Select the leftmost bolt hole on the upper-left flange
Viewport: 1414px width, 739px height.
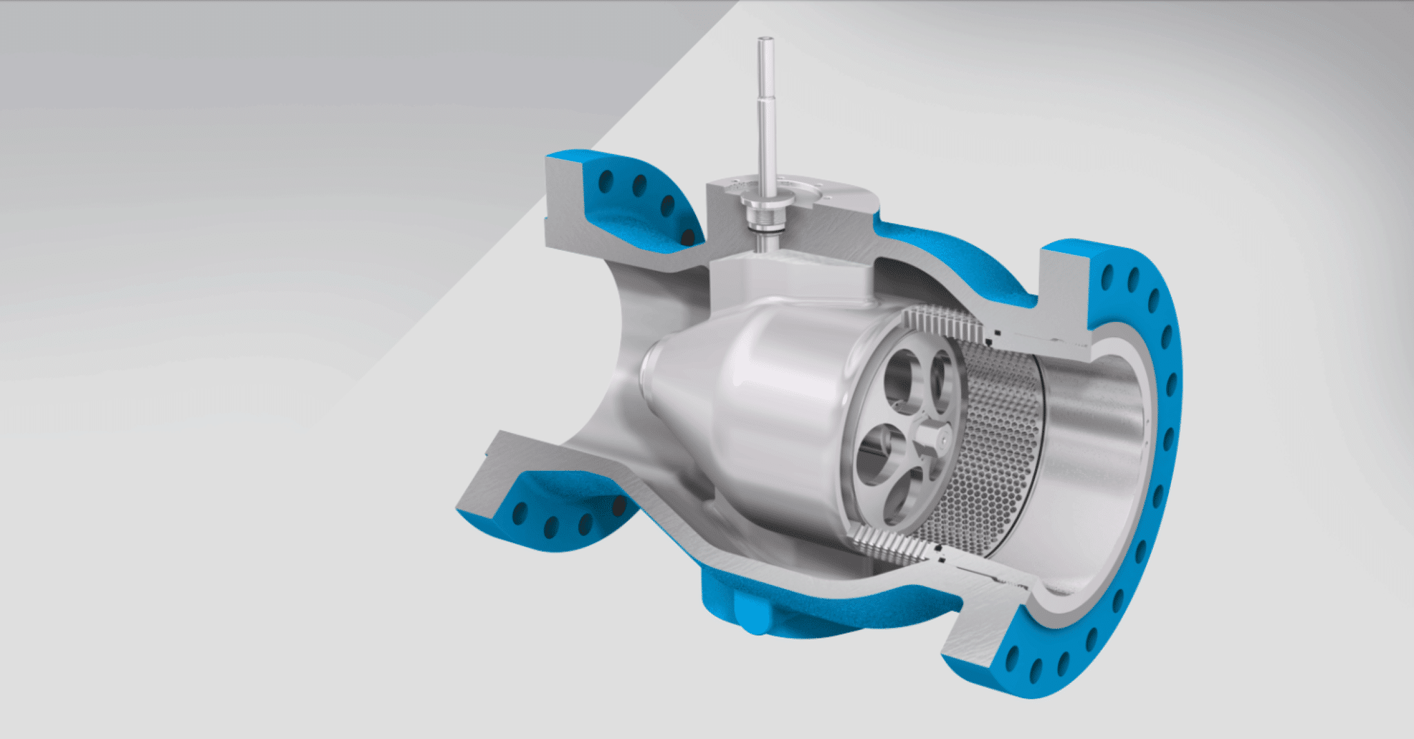(x=606, y=181)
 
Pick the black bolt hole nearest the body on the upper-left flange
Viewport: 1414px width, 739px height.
(x=687, y=237)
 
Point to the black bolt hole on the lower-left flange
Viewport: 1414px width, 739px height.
(x=619, y=506)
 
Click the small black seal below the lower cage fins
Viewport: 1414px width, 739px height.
(x=938, y=551)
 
